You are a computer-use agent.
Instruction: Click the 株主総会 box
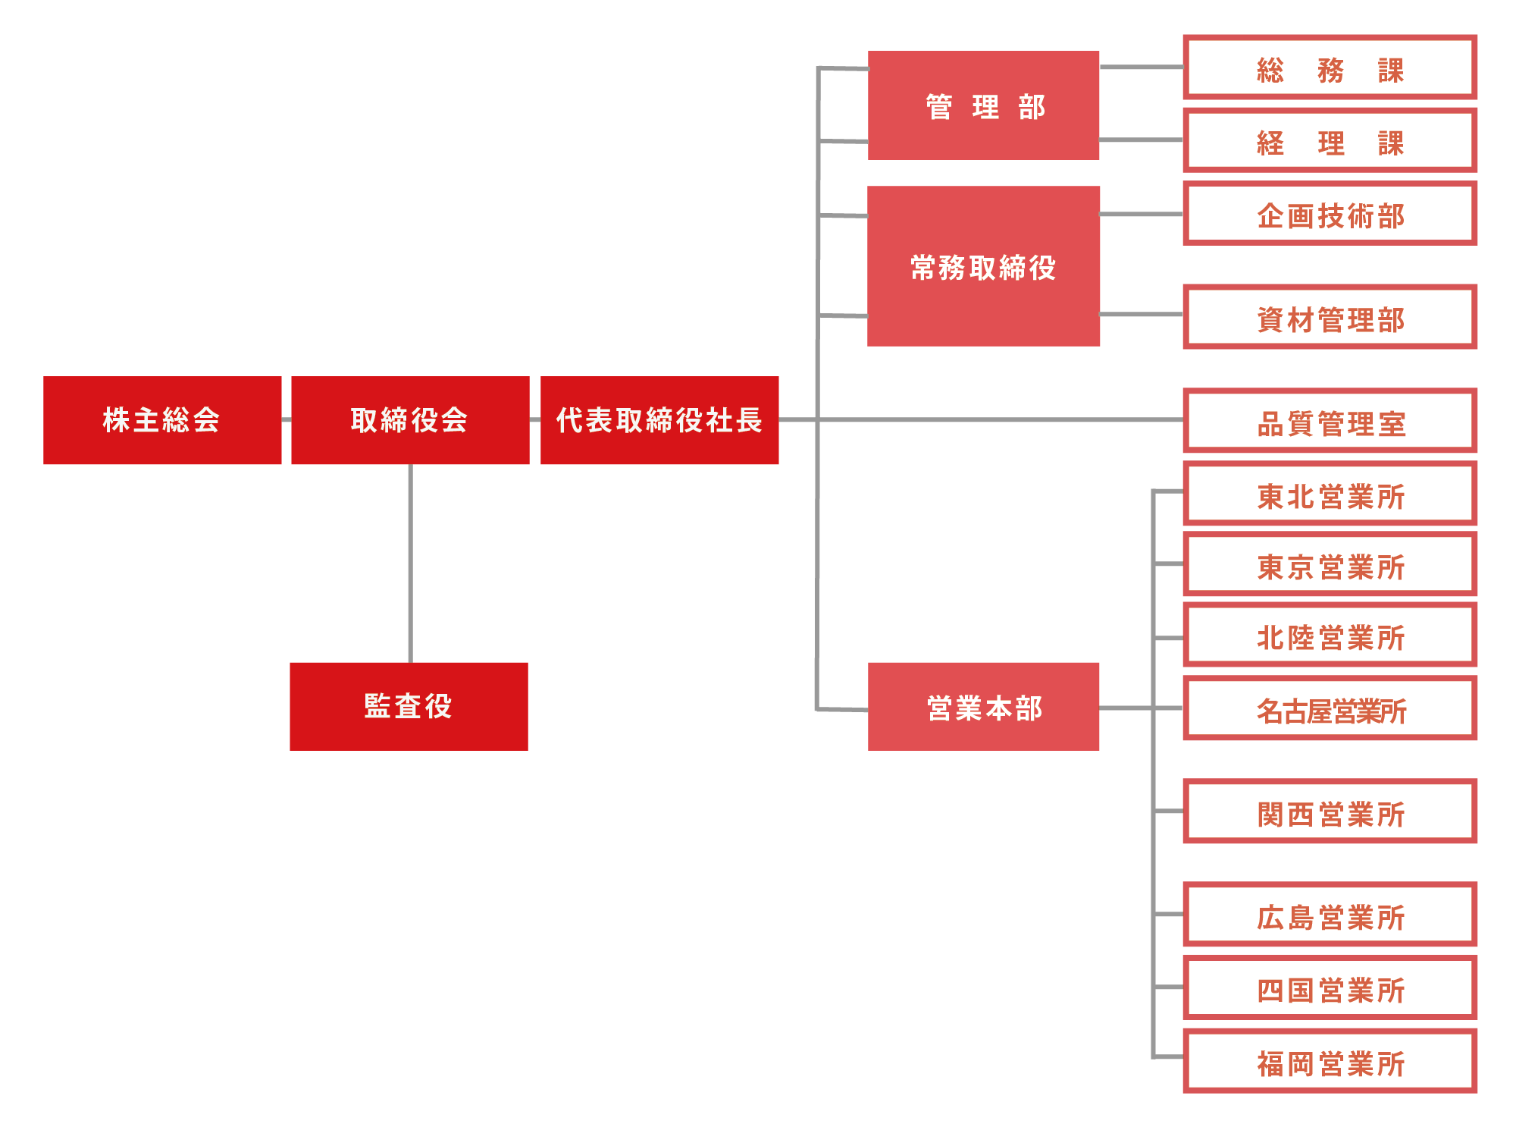point(162,419)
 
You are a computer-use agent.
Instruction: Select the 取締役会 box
point(410,419)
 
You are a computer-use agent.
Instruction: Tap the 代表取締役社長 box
point(659,419)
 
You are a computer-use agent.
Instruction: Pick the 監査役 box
point(409,706)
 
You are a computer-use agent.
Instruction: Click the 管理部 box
point(983,105)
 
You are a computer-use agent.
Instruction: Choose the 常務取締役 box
point(983,266)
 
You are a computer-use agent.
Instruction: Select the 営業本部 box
point(983,706)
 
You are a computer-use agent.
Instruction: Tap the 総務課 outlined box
point(1330,67)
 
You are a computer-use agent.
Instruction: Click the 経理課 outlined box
point(1330,140)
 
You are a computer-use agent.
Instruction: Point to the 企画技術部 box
point(1330,214)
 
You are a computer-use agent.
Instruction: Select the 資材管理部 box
point(1330,317)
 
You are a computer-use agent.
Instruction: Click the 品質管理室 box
point(1330,421)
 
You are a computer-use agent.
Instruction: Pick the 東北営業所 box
point(1330,494)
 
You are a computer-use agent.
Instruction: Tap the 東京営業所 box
point(1330,565)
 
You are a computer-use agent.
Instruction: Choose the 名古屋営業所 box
point(1330,708)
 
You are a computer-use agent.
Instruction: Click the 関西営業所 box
point(1330,812)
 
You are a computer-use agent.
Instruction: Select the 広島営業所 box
point(1330,915)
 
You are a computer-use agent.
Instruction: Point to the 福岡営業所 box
point(1330,1061)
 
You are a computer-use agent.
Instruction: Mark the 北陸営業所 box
point(1330,636)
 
